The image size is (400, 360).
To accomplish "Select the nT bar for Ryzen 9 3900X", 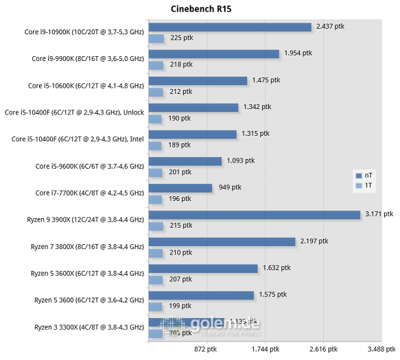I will pyautogui.click(x=254, y=215).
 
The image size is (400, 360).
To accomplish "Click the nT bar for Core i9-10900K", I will pyautogui.click(x=230, y=27).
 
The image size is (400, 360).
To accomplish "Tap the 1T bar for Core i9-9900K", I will pyautogui.click(x=156, y=64).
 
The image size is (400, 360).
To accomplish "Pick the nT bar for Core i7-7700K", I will pyautogui.click(x=180, y=188).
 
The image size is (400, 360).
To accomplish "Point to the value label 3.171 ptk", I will pyautogui.click(x=379, y=214).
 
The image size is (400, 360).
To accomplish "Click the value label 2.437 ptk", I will pyautogui.click(x=331, y=27).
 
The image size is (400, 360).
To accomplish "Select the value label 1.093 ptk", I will pyautogui.click(x=240, y=161).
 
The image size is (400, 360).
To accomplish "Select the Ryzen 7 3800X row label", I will pyautogui.click(x=86, y=247).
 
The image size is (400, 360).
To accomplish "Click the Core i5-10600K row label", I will pyautogui.click(x=86, y=86).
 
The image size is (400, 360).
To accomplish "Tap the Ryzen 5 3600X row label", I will pyautogui.click(x=86, y=274).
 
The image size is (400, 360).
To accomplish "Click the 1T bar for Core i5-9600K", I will pyautogui.click(x=156, y=171).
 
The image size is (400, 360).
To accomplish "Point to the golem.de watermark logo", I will pyautogui.click(x=206, y=328).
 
